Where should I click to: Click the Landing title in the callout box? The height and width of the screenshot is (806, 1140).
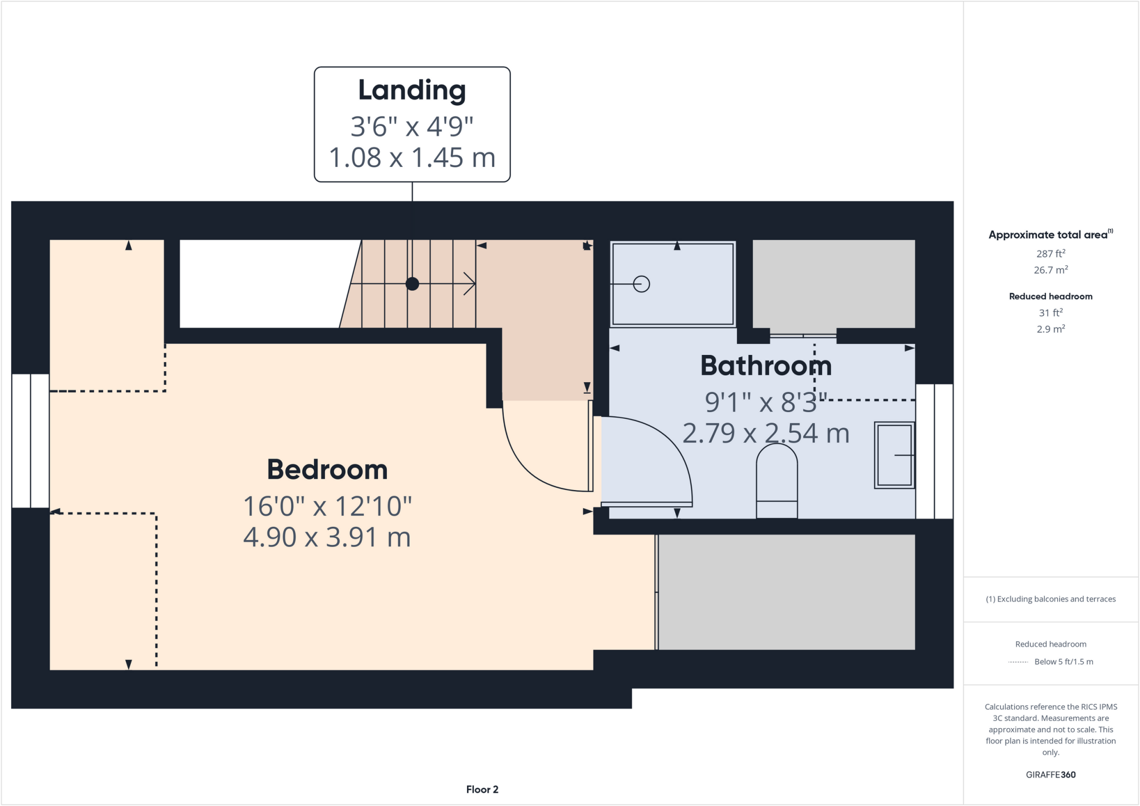[412, 90]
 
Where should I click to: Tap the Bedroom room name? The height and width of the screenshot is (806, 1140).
[327, 469]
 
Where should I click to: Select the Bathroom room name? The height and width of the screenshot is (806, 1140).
[766, 366]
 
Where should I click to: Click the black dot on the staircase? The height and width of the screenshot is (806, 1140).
[412, 284]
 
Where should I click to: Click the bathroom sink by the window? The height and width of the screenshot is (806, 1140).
[894, 455]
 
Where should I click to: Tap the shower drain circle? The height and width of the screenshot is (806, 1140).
[641, 284]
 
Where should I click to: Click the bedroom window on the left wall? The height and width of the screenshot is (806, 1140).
[31, 441]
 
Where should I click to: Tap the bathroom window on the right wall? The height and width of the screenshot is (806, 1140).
[935, 451]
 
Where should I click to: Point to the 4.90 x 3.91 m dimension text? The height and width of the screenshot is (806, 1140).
[327, 537]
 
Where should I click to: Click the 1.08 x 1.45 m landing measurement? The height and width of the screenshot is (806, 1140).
[412, 157]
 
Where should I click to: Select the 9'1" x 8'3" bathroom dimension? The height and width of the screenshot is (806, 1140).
[766, 402]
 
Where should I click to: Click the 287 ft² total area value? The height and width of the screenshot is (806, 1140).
[1050, 254]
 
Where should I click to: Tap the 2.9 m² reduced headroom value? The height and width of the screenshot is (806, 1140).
[1050, 329]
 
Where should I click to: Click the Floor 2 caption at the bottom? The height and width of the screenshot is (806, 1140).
[482, 789]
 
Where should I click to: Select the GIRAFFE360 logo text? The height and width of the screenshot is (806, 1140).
[1050, 774]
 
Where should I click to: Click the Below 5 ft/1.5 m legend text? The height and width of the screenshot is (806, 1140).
[1063, 661]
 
